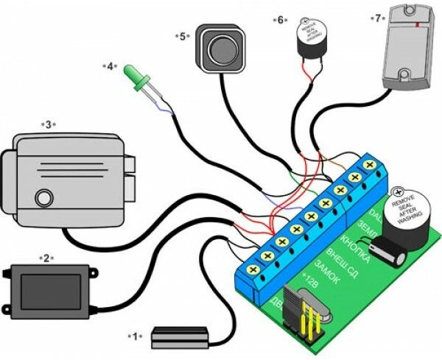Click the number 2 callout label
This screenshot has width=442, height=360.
point(46,258)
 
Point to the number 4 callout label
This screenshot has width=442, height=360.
point(110,66)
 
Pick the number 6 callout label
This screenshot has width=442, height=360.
point(281,20)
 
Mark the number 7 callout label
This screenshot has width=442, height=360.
point(378,18)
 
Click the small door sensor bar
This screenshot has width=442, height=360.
point(178,339)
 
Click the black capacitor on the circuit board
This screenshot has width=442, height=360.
point(390,254)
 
